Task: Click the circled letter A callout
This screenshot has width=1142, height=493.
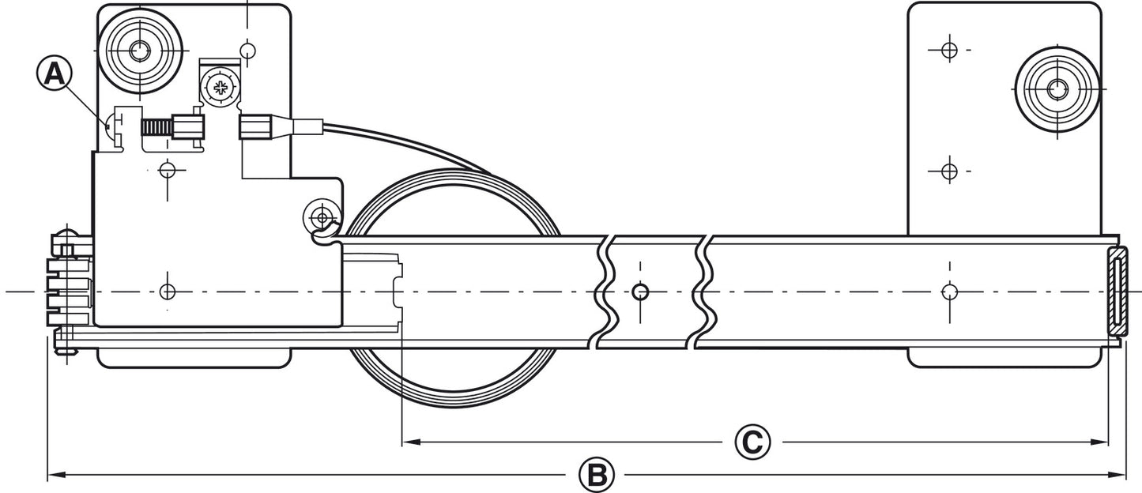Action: (x=55, y=74)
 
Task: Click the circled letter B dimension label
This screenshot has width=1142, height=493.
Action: (x=597, y=475)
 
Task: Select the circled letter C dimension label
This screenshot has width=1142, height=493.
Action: (x=752, y=442)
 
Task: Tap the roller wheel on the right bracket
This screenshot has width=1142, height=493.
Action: (x=1057, y=89)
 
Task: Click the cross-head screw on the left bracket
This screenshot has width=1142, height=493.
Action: (x=220, y=88)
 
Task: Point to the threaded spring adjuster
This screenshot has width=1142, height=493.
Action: (x=157, y=127)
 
